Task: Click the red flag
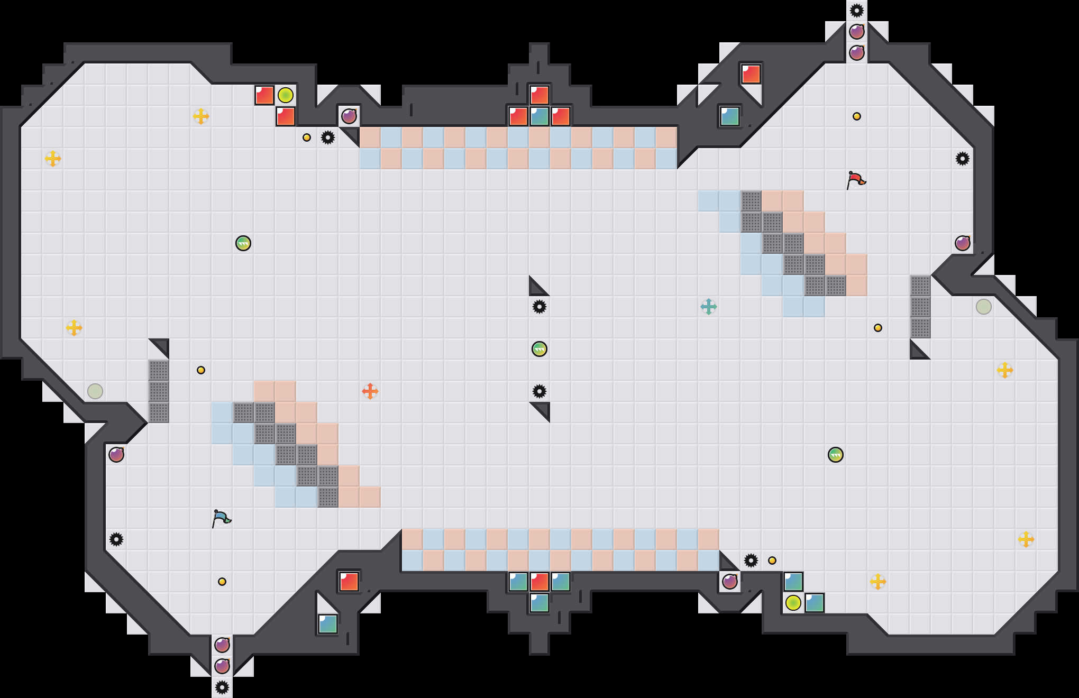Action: click(x=856, y=180)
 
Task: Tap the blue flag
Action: click(x=221, y=518)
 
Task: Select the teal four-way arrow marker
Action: click(x=708, y=307)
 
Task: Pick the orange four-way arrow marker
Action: click(x=370, y=391)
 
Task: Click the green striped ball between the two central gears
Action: click(x=539, y=349)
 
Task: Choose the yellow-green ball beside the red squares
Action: click(x=286, y=95)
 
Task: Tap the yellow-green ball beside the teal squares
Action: click(x=793, y=603)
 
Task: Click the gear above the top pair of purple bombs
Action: click(x=856, y=11)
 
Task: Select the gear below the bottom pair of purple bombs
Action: click(x=222, y=687)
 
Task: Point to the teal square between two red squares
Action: click(x=539, y=116)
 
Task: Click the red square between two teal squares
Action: click(x=539, y=582)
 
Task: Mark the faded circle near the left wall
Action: click(x=95, y=391)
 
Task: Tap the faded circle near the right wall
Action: click(x=983, y=307)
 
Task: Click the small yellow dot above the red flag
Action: click(x=856, y=116)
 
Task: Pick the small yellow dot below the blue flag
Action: click(x=222, y=582)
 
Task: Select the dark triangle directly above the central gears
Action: click(x=536, y=288)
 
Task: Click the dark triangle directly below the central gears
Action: click(x=542, y=409)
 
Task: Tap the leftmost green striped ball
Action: click(x=243, y=243)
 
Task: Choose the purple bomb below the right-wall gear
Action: click(x=962, y=243)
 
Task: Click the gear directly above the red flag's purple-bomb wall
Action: click(x=962, y=159)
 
